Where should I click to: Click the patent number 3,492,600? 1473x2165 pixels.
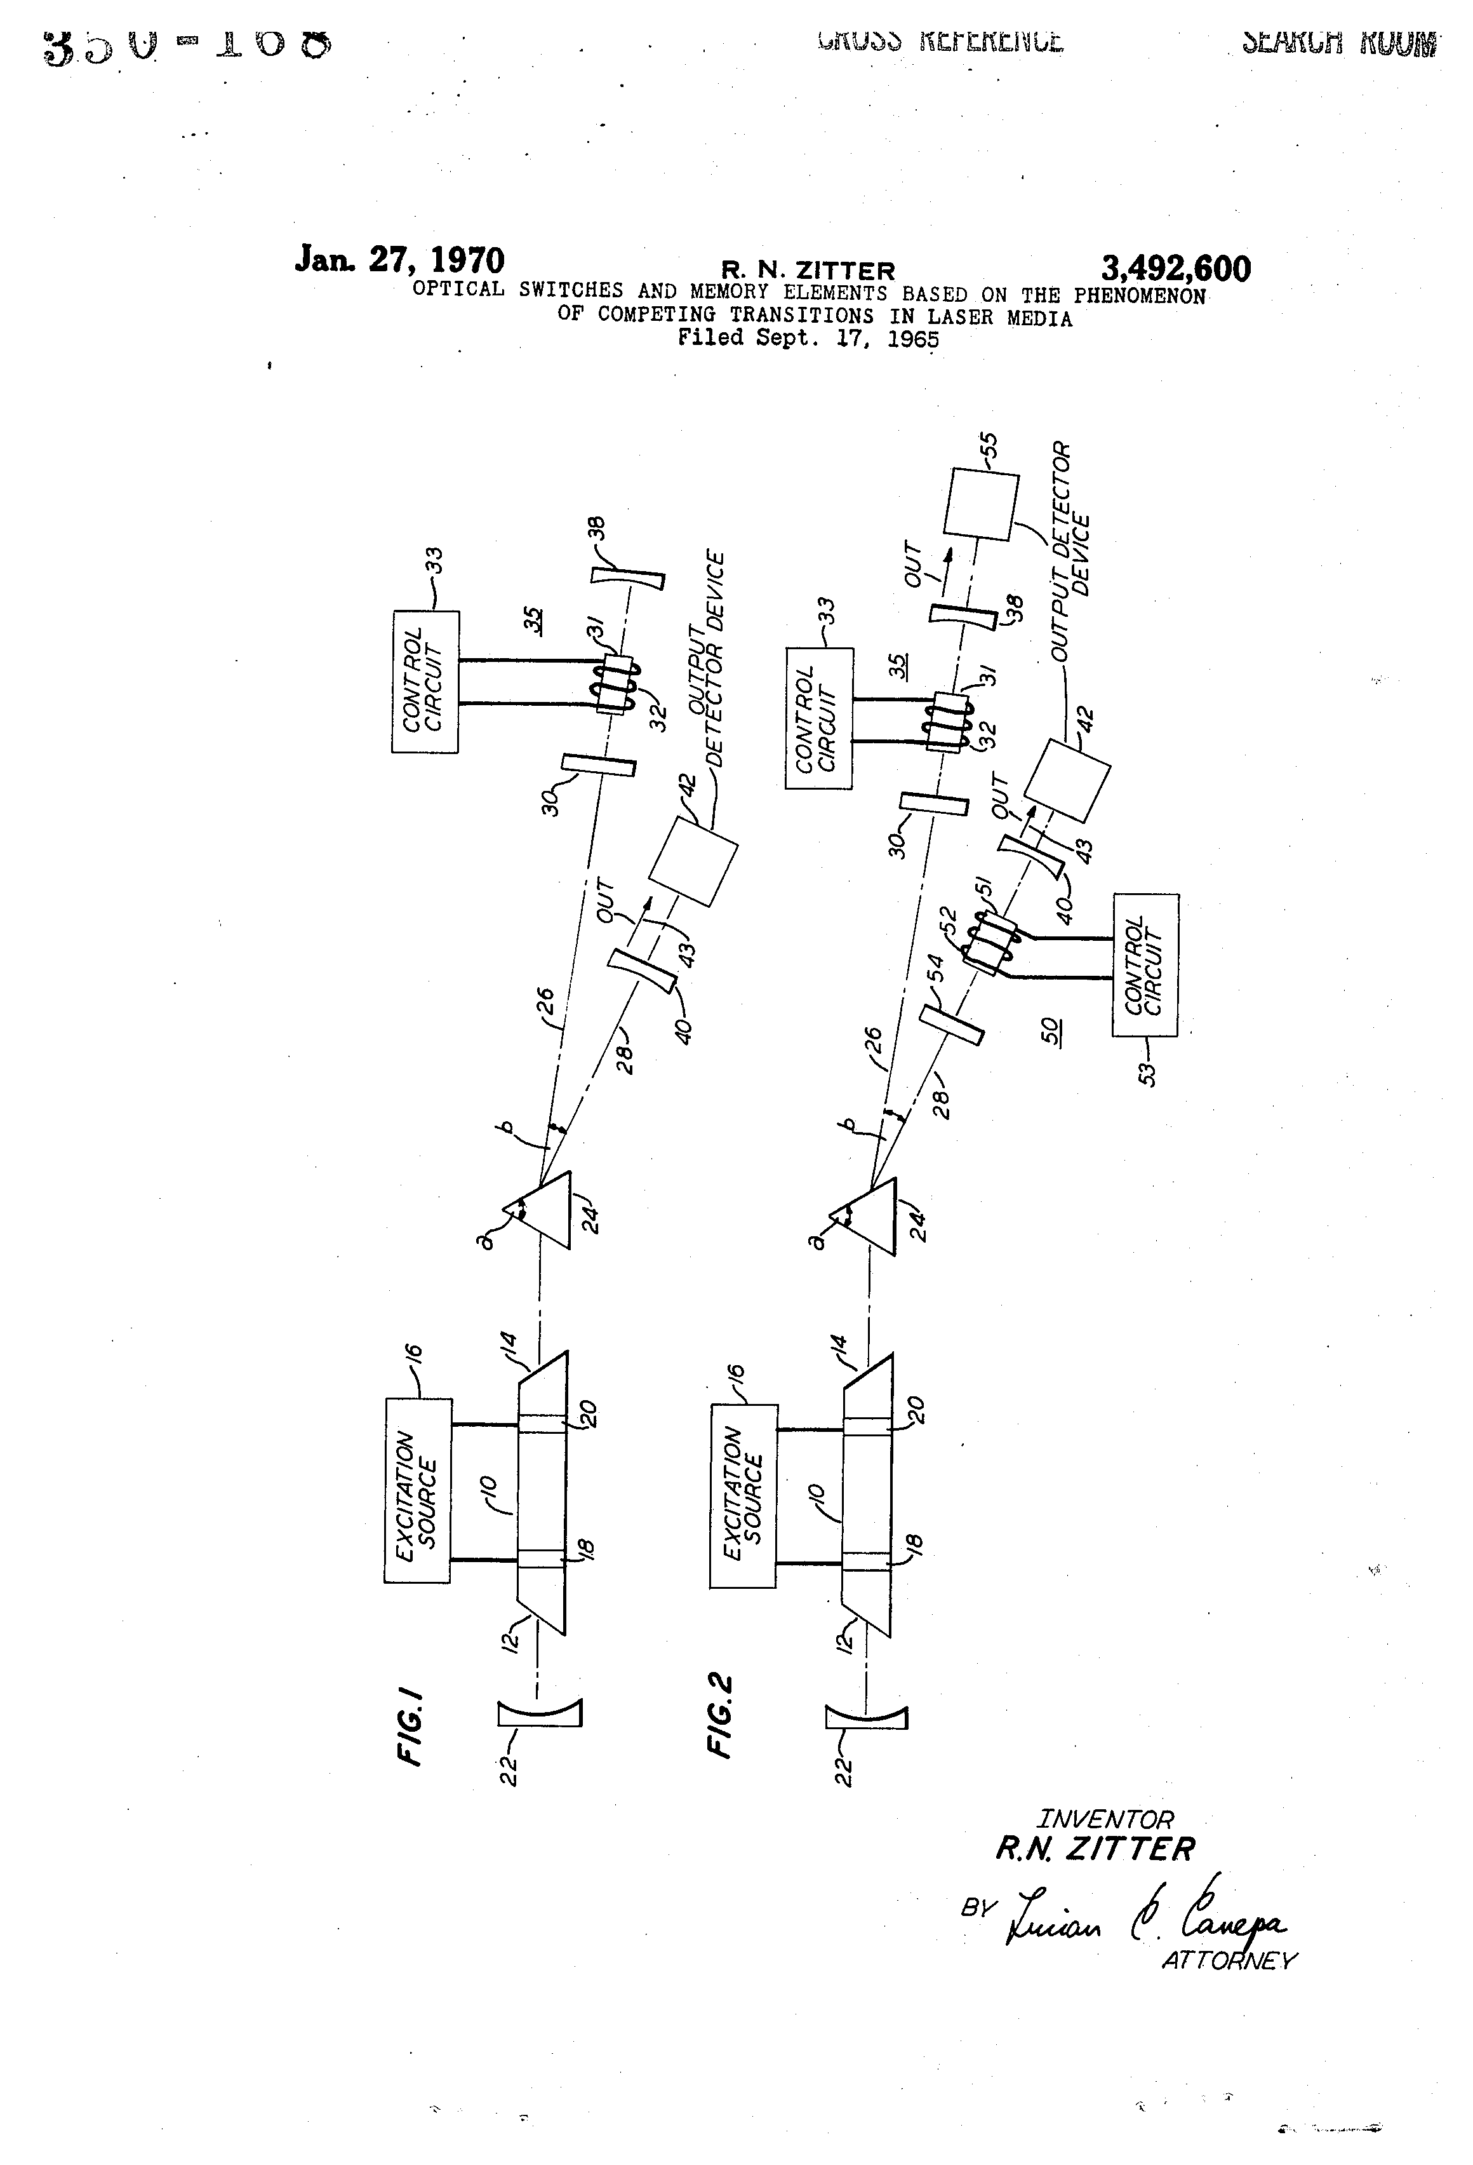point(1175,269)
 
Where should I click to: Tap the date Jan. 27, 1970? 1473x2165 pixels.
point(399,259)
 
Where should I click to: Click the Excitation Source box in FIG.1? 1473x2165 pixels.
point(417,1490)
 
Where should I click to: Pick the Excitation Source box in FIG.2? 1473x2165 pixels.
point(742,1496)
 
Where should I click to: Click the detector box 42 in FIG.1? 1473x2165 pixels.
point(693,861)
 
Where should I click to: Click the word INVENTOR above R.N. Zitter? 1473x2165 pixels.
point(1105,1818)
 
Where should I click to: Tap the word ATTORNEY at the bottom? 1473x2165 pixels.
point(1228,1960)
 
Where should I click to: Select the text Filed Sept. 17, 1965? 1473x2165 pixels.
point(807,338)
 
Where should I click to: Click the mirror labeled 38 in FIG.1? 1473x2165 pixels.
point(629,579)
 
